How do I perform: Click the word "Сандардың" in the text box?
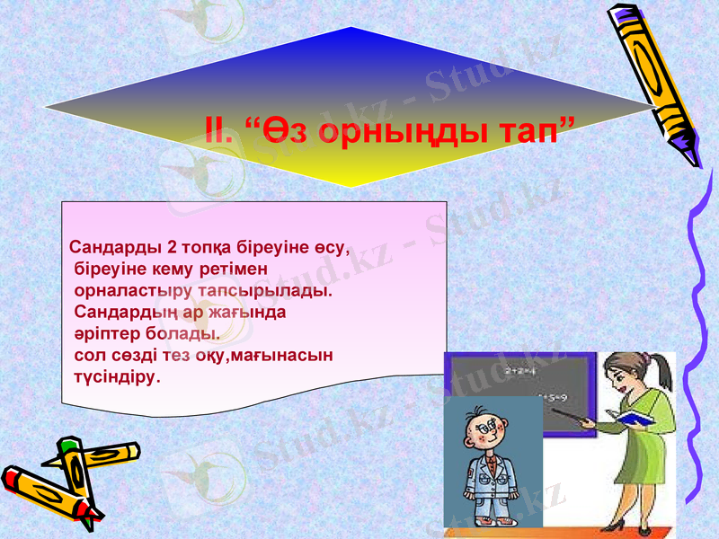coord(120,313)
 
